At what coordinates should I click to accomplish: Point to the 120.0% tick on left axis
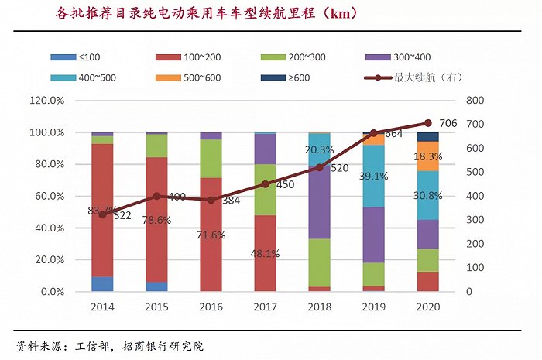tap(47, 101)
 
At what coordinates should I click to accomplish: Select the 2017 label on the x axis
tap(265, 307)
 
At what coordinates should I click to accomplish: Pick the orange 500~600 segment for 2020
tap(427, 156)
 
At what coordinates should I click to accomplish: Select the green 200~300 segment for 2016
tap(211, 159)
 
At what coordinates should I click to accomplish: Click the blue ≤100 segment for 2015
tap(156, 286)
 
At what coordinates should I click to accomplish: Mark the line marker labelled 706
tap(427, 123)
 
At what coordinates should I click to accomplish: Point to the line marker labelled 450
tap(265, 184)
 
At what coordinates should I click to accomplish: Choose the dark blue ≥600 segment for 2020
tap(427, 136)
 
